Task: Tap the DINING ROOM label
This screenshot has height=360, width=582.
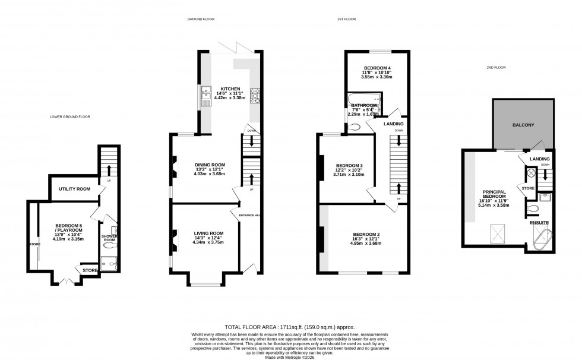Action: pyautogui.click(x=211, y=165)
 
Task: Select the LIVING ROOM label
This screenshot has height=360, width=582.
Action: pyautogui.click(x=208, y=233)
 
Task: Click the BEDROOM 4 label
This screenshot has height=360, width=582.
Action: pyautogui.click(x=378, y=68)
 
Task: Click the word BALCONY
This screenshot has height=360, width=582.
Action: pyautogui.click(x=524, y=125)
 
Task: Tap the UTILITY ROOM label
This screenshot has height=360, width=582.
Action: pyautogui.click(x=74, y=189)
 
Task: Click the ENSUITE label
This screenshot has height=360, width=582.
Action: pyautogui.click(x=539, y=223)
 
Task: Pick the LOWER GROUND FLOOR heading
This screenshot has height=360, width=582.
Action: pyautogui.click(x=69, y=117)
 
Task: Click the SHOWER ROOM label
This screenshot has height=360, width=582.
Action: pyautogui.click(x=108, y=238)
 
